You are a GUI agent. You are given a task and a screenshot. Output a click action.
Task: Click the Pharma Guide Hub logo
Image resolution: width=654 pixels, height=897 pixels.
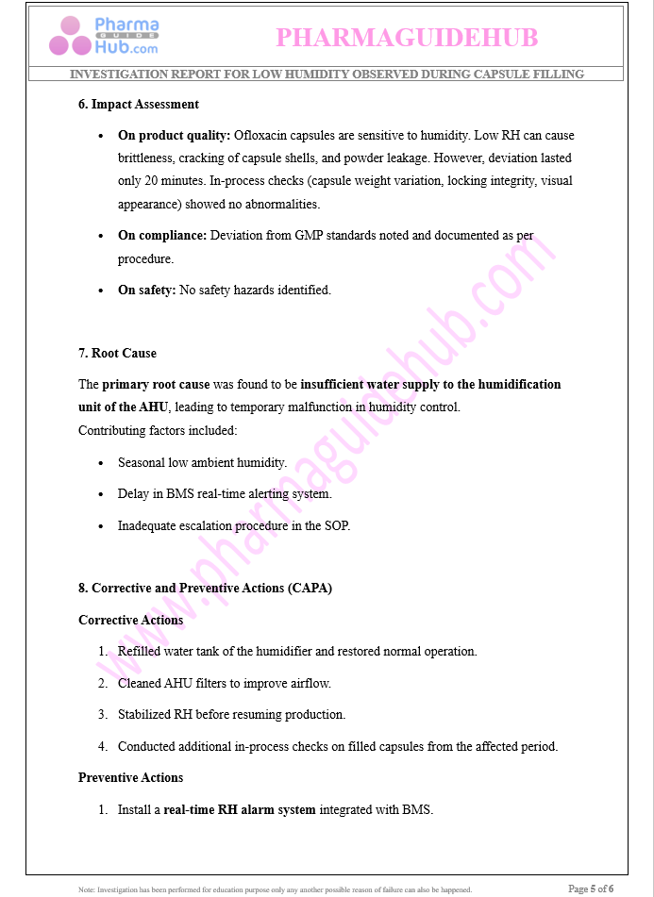pyautogui.click(x=104, y=36)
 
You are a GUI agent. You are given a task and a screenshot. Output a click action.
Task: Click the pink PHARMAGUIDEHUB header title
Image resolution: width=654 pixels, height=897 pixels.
pyautogui.click(x=407, y=37)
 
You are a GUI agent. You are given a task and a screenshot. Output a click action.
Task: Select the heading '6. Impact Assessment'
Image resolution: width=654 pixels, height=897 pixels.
pyautogui.click(x=139, y=104)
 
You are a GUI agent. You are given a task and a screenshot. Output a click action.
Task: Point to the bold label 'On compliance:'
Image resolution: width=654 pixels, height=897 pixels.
pyautogui.click(x=161, y=236)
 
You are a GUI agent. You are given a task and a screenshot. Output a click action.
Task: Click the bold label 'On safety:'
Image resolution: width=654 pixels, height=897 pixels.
pyautogui.click(x=146, y=290)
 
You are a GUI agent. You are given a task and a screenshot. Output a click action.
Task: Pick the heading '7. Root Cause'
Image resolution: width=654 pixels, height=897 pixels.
pyautogui.click(x=117, y=353)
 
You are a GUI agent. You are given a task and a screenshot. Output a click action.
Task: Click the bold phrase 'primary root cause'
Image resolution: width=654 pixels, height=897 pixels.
pyautogui.click(x=156, y=384)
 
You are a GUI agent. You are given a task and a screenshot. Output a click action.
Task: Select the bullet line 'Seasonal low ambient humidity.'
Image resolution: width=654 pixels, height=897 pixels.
pyautogui.click(x=202, y=463)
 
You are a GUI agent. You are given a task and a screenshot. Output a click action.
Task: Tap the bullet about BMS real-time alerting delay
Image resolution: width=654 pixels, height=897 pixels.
pyautogui.click(x=225, y=493)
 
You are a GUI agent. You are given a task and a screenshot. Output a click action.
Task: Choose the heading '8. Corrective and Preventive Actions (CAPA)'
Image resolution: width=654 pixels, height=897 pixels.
pyautogui.click(x=205, y=588)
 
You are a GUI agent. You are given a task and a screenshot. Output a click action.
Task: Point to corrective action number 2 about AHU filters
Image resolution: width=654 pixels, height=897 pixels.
pyautogui.click(x=224, y=683)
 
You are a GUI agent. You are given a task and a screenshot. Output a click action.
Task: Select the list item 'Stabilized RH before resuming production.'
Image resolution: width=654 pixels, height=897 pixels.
pyautogui.click(x=231, y=714)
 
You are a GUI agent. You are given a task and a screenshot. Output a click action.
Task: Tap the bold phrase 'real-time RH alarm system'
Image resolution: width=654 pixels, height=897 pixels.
pyautogui.click(x=240, y=809)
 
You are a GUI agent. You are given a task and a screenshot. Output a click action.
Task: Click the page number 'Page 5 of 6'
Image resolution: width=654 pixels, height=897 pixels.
pyautogui.click(x=591, y=888)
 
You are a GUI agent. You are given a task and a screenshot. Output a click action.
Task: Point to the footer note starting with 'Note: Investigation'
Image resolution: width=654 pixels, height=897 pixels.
pyautogui.click(x=275, y=889)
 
